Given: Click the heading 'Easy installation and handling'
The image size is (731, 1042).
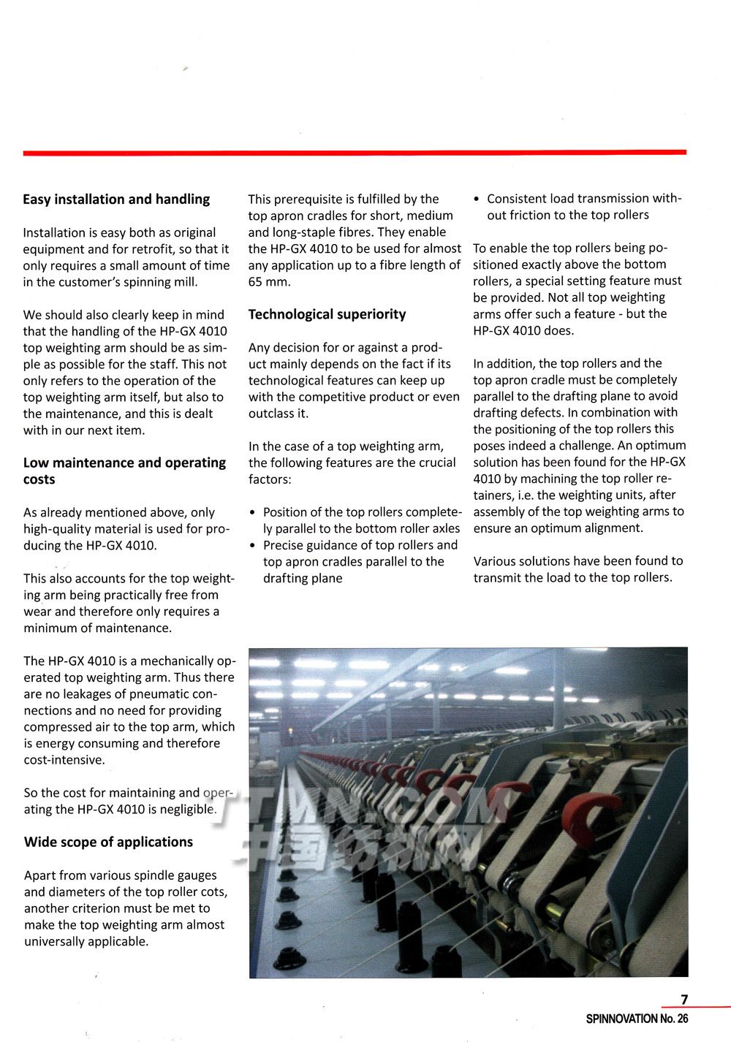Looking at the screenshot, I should point(116,199).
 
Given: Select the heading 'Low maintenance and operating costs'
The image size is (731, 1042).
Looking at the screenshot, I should point(124,471).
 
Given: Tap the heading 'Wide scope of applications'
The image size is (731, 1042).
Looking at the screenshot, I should point(108,842).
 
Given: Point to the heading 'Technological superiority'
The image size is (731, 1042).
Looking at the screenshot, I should point(327,314).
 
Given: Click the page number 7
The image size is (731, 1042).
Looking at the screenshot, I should point(684,1000).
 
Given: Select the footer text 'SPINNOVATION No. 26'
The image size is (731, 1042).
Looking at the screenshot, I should point(637,1019).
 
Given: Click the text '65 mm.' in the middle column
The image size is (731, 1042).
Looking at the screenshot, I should point(269,282).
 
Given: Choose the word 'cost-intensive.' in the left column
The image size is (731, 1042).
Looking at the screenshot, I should point(64,760).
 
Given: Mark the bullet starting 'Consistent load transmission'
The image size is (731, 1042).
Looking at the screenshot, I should point(577,207).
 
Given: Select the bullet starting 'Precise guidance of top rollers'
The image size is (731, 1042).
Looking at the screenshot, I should point(355,562).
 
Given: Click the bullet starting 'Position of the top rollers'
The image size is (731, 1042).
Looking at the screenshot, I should point(355,520).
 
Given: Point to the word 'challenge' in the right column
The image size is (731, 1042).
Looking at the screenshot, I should point(586,446).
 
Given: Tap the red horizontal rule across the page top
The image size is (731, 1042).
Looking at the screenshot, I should point(355,153).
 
